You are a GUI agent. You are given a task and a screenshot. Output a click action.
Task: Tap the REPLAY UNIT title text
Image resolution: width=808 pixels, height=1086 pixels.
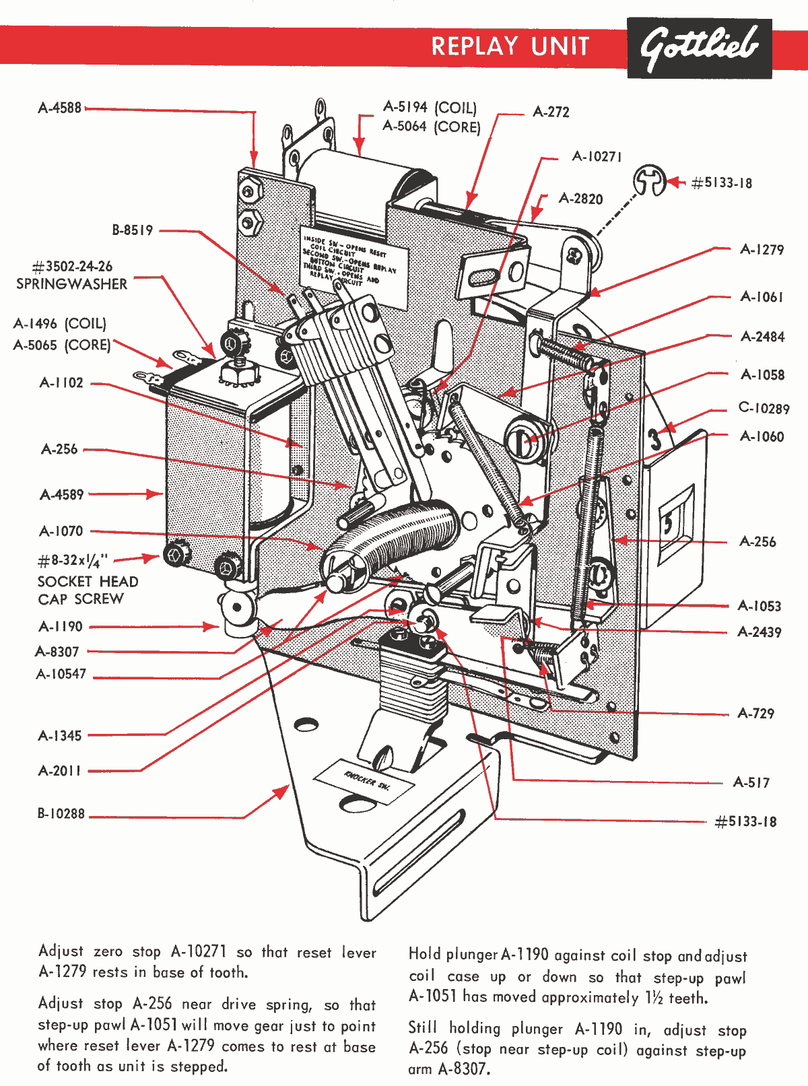510,46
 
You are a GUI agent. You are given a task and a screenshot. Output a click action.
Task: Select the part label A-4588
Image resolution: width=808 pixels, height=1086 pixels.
59,108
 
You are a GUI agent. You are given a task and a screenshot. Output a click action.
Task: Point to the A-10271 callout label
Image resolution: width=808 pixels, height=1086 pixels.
597,156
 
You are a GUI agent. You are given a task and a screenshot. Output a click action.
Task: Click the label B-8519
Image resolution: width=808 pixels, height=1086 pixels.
133,230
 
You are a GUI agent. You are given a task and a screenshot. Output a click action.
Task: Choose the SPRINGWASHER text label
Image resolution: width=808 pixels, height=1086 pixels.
71,284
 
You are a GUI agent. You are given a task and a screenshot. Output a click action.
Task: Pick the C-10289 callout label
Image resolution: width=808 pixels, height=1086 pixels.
764,408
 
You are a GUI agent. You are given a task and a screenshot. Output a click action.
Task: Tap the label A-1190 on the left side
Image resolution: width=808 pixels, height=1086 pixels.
61,627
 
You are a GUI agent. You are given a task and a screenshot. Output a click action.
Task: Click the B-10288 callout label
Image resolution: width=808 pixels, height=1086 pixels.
61,814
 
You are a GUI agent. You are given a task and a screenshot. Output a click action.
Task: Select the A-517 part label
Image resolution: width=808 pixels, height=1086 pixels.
751,782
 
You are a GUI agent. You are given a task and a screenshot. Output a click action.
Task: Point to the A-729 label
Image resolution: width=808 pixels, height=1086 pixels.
755,714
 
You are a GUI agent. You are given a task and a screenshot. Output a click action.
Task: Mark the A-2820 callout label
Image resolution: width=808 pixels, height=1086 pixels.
580,199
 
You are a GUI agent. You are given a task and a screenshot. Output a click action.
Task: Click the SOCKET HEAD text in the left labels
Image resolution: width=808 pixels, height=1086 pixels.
88,582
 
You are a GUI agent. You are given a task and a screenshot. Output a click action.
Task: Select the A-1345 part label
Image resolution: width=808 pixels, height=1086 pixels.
60,736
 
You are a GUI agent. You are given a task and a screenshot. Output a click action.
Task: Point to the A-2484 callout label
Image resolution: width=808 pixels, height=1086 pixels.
762,337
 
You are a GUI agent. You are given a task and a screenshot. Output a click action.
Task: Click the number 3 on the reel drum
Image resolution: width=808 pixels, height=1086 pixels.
654,439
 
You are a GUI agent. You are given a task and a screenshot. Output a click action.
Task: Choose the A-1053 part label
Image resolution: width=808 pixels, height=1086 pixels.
760,606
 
